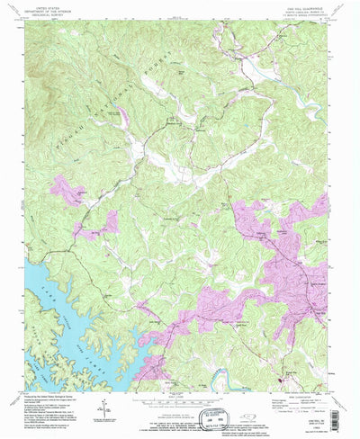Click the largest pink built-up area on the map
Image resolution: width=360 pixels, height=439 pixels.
coord(288,270)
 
